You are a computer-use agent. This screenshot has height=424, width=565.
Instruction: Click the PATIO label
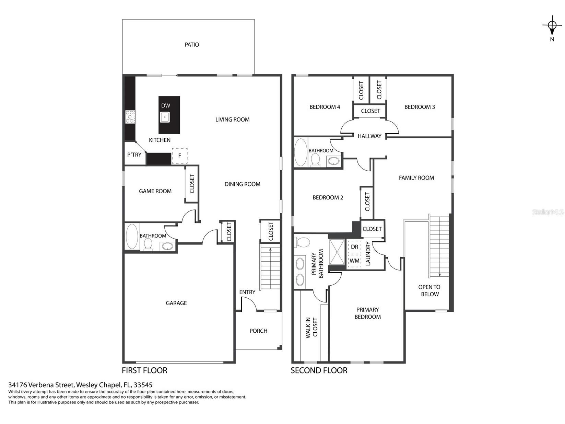tap(191, 45)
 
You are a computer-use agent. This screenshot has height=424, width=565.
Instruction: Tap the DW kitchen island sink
tap(165, 117)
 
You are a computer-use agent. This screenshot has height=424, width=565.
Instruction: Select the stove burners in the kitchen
tap(130, 117)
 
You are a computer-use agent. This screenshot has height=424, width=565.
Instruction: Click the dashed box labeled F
tap(179, 156)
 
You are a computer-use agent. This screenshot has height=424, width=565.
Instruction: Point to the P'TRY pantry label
tap(134, 155)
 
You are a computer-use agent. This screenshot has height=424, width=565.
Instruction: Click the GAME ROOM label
tap(155, 191)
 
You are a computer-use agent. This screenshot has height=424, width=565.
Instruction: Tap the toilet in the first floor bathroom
tap(148, 244)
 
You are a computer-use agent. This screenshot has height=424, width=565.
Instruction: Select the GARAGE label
tap(176, 303)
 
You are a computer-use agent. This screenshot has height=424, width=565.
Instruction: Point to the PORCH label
tap(258, 331)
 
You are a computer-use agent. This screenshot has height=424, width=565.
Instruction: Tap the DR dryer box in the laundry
tap(354, 247)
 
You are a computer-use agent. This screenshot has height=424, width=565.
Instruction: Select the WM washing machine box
tap(354, 261)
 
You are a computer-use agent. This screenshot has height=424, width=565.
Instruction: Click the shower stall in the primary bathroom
tap(337, 252)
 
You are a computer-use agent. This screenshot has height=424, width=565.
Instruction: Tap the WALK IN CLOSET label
tap(311, 328)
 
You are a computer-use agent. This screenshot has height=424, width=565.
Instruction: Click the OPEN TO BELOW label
tap(429, 290)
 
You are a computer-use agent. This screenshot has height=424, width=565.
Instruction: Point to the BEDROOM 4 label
tap(325, 107)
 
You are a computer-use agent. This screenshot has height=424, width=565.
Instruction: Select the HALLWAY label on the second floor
tap(369, 136)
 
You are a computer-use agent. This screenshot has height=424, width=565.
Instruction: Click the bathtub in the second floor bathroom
tap(301, 152)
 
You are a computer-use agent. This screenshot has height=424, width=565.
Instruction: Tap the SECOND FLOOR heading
tap(319, 370)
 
